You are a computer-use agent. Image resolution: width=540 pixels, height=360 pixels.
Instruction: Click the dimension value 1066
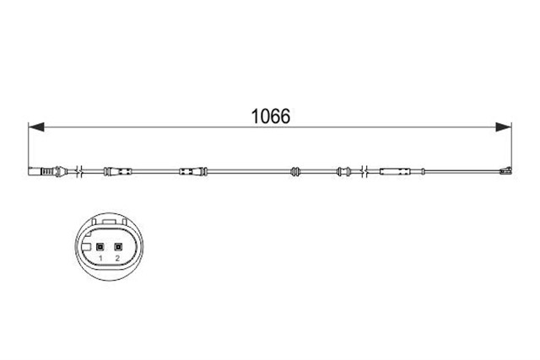click(271, 116)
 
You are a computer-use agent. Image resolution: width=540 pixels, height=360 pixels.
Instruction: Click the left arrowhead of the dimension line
click(36, 127)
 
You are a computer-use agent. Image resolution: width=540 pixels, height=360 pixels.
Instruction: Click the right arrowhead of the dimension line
click(503, 127)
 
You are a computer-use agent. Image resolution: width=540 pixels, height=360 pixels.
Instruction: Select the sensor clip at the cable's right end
click(506, 170)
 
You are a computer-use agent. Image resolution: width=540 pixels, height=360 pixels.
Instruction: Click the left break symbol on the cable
click(81, 171)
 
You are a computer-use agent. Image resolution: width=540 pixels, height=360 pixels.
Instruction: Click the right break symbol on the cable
click(365, 171)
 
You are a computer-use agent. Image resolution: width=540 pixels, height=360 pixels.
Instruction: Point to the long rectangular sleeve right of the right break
click(395, 171)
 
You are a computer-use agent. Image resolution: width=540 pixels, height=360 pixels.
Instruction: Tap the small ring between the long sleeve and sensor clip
click(423, 171)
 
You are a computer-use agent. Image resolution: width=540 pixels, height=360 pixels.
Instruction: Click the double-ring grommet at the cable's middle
click(295, 171)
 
